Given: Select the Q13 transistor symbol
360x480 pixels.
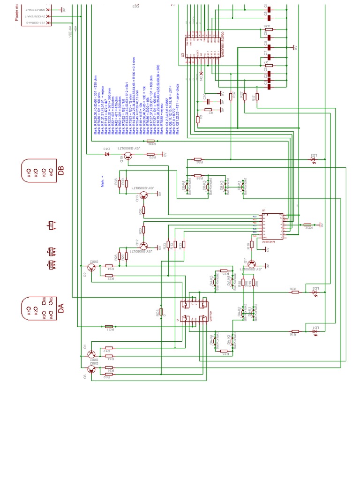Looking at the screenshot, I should click(144, 197).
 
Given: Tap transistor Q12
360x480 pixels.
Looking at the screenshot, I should click(144, 246).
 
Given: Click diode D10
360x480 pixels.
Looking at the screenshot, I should click(106, 153).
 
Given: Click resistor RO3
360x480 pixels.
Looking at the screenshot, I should click(161, 312).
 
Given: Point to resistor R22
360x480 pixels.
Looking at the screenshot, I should click(109, 275).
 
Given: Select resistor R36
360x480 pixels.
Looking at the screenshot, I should click(198, 159).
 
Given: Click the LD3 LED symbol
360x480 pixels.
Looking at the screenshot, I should click(314, 160).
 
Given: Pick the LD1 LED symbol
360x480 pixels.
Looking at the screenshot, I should click(315, 331).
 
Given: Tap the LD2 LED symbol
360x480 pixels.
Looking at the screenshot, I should click(315, 292).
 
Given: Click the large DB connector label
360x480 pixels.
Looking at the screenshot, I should click(60, 171).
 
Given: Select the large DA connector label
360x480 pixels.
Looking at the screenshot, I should click(60, 308).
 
